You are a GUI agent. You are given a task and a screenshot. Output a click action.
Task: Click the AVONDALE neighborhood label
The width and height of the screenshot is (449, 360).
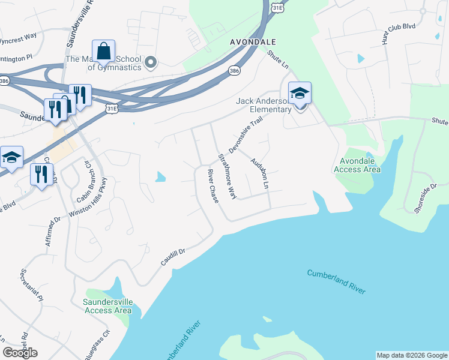click(253, 42)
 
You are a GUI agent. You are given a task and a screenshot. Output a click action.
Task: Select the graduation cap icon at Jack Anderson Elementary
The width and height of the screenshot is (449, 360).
click(300, 93)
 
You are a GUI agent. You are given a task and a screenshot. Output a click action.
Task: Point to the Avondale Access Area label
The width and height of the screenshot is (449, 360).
click(360, 165)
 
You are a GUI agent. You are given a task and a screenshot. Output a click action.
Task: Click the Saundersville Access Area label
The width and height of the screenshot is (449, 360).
click(108, 306)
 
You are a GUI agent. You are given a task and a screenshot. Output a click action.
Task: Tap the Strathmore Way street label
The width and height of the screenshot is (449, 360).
click(228, 177)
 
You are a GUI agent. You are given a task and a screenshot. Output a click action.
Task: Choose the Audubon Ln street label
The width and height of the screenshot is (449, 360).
click(259, 173)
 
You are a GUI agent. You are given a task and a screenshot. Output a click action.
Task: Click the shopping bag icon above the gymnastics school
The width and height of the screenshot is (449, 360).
click(103, 52)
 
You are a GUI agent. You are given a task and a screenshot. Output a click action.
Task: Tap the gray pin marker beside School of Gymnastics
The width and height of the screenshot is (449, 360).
click(151, 62)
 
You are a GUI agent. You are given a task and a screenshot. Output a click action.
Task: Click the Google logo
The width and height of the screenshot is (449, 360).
click(20, 353)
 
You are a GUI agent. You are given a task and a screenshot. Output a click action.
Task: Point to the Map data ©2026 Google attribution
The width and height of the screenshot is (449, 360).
click(412, 355)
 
